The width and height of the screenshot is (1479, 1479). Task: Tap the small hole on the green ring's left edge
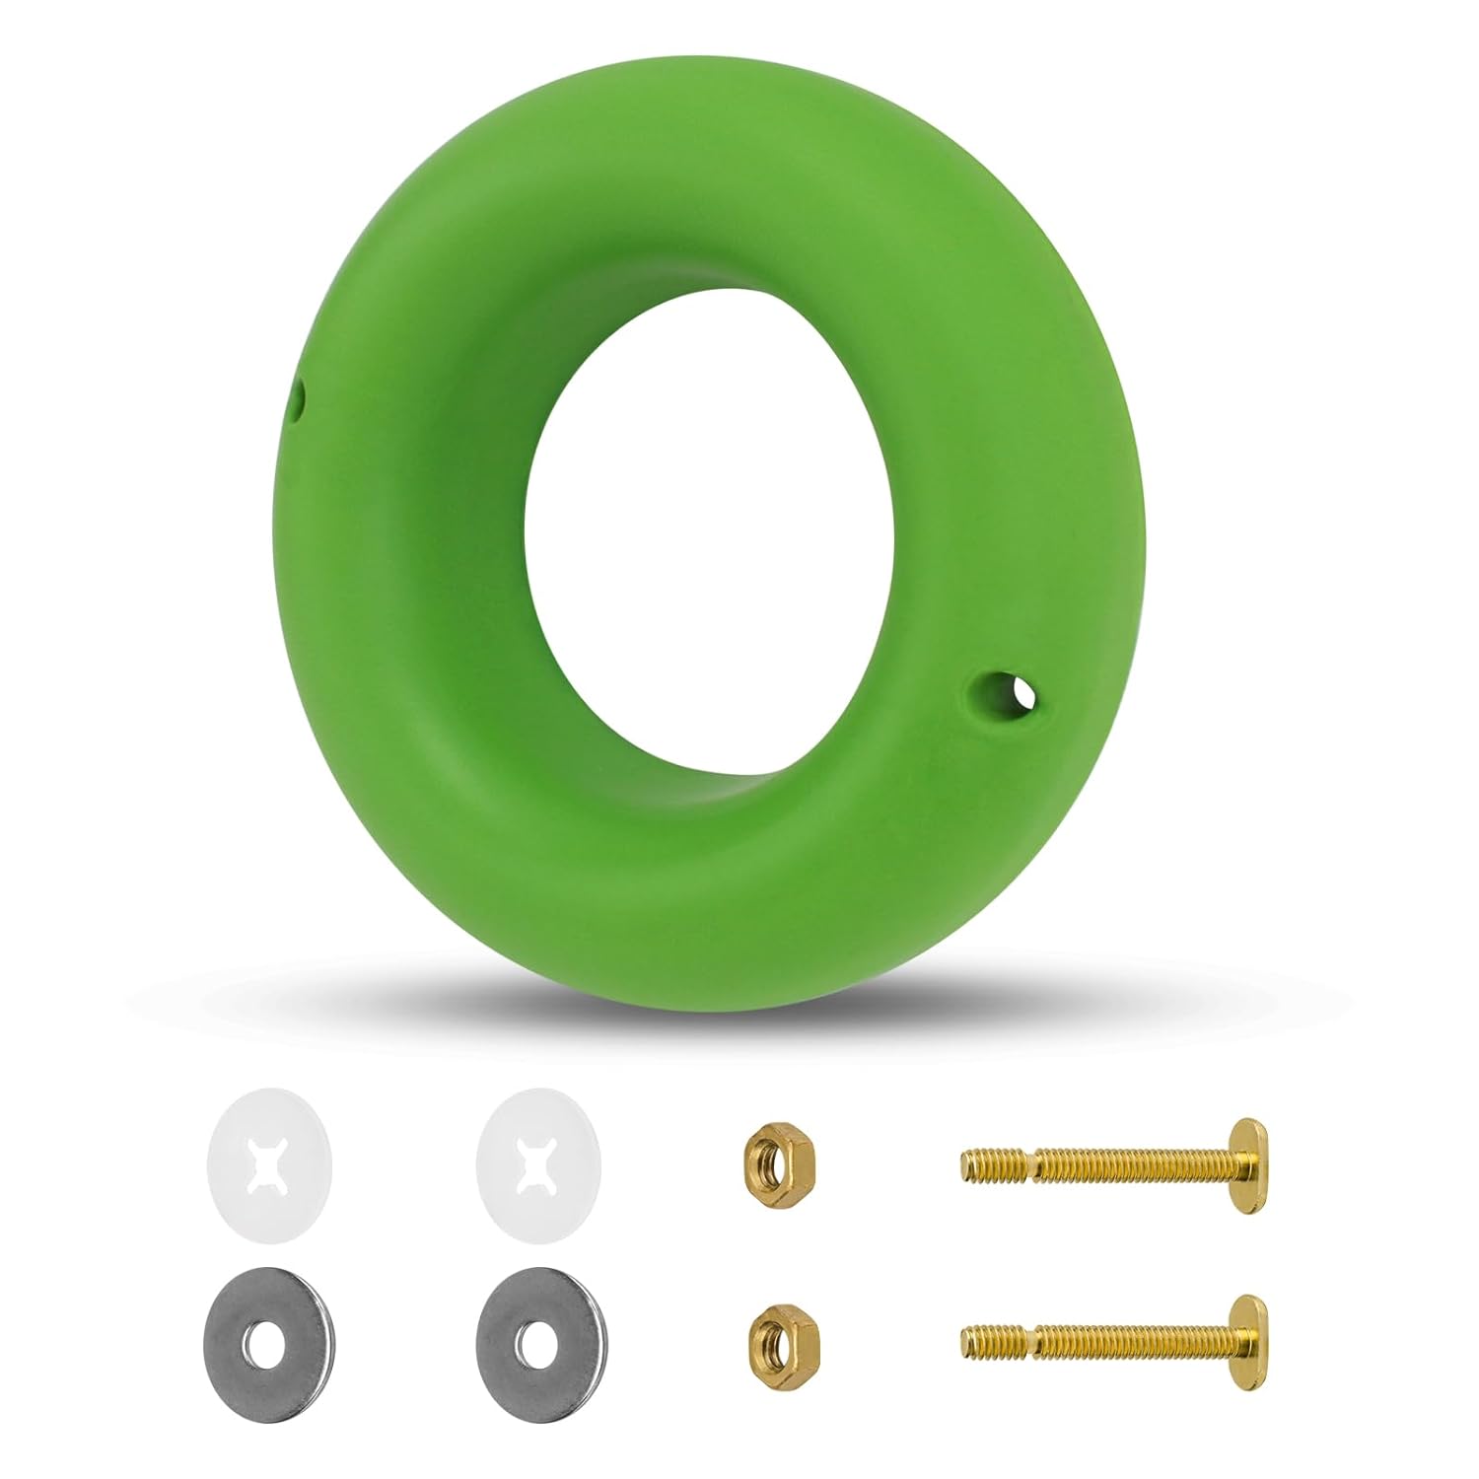[299, 401]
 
